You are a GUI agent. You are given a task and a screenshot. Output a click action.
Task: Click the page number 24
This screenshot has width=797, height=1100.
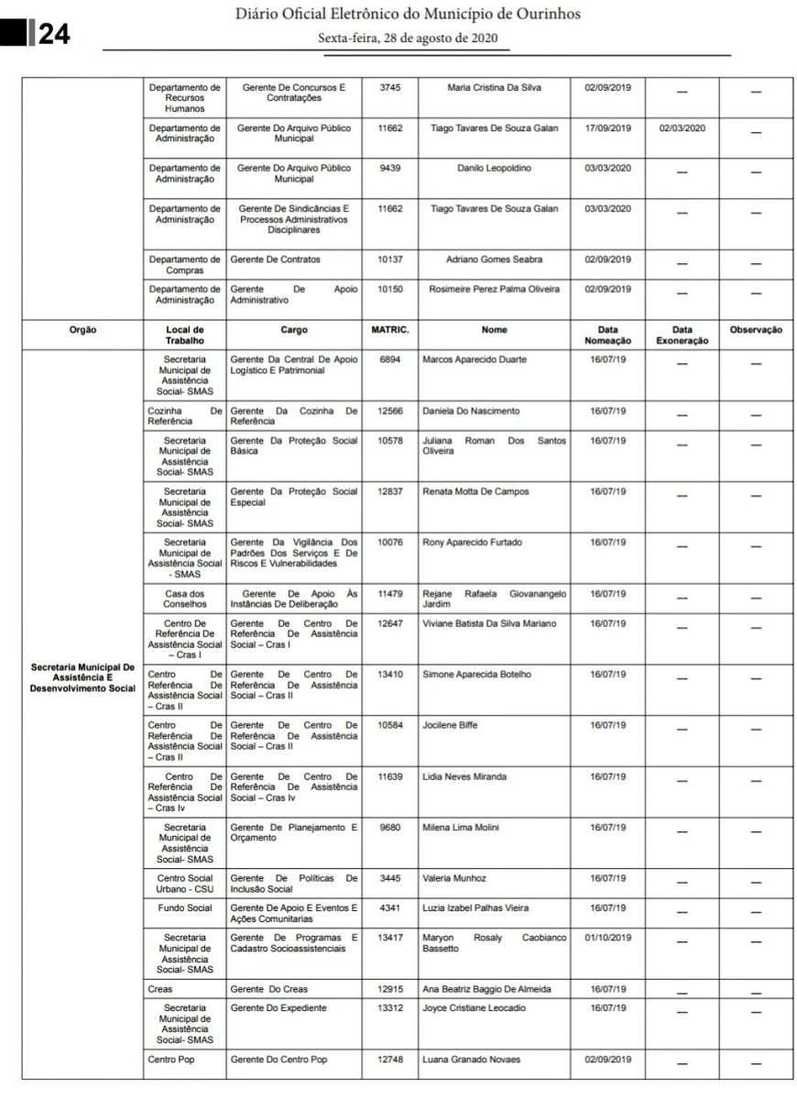pyautogui.click(x=54, y=34)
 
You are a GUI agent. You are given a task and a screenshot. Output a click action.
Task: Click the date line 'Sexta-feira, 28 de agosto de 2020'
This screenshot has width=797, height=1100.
pyautogui.click(x=408, y=38)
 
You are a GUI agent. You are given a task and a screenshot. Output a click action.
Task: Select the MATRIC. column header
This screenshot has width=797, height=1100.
pyautogui.click(x=389, y=330)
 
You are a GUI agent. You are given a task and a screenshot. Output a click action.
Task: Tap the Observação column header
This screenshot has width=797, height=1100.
pyautogui.click(x=756, y=330)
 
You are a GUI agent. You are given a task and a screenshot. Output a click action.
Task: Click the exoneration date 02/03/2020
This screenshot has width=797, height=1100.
pyautogui.click(x=681, y=128)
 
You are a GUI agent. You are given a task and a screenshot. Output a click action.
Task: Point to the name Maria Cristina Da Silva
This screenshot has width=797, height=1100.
pyautogui.click(x=494, y=88)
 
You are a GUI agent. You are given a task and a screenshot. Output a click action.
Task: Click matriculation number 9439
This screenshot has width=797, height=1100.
pyautogui.click(x=389, y=169)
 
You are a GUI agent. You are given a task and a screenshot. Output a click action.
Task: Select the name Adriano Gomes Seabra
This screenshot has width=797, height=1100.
pyautogui.click(x=494, y=260)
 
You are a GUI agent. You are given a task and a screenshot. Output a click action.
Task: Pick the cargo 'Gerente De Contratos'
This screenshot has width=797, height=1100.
pyautogui.click(x=276, y=260)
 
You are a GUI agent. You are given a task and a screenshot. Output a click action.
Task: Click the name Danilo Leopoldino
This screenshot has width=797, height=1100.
pyautogui.click(x=494, y=169)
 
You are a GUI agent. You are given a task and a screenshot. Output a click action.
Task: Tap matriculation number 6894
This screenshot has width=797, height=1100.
pyautogui.click(x=389, y=360)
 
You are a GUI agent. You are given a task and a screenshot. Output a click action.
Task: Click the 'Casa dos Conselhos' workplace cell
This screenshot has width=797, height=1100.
pyautogui.click(x=185, y=599)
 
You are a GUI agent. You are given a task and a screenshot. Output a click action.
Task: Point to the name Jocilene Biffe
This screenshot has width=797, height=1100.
pyautogui.click(x=450, y=726)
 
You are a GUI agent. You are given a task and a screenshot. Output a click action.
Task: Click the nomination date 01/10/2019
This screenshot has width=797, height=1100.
pyautogui.click(x=608, y=939)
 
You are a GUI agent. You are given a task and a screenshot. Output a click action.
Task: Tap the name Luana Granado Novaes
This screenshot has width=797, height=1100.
pyautogui.click(x=471, y=1061)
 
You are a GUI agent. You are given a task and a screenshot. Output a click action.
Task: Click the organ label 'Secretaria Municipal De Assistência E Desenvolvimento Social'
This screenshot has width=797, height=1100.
pyautogui.click(x=82, y=677)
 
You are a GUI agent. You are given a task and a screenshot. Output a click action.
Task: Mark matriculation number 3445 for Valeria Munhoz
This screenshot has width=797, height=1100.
pyautogui.click(x=389, y=879)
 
